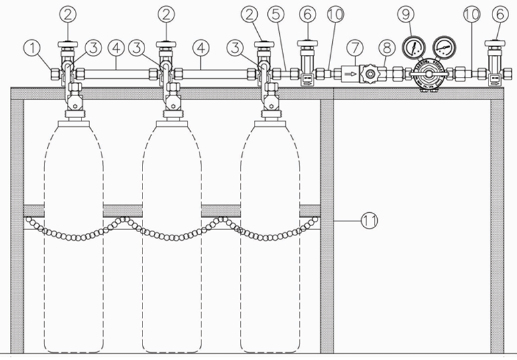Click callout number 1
click(30, 48)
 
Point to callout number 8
click(385, 48)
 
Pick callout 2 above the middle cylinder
click(166, 14)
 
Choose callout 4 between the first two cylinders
click(117, 48)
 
